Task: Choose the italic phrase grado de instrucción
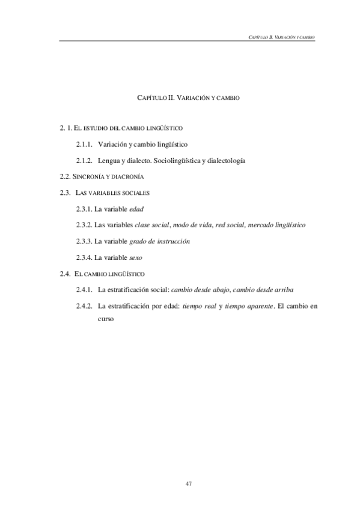click(159, 241)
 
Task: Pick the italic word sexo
click(136, 257)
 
